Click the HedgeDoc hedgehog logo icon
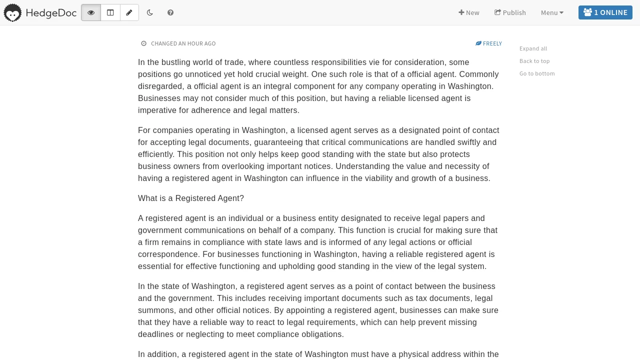pyautogui.click(x=12, y=12)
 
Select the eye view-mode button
pyautogui.click(x=91, y=12)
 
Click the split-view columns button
pyautogui.click(x=110, y=12)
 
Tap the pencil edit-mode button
pyautogui.click(x=129, y=12)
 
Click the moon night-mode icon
pyautogui.click(x=150, y=12)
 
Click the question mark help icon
pyautogui.click(x=170, y=12)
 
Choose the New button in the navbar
pyautogui.click(x=469, y=12)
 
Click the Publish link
pyautogui.click(x=510, y=12)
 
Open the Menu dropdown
pyautogui.click(x=552, y=12)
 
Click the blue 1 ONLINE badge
pyautogui.click(x=605, y=12)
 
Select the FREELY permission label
pyautogui.click(x=489, y=43)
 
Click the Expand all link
pyautogui.click(x=533, y=48)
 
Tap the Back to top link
pyautogui.click(x=534, y=61)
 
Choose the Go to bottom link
pyautogui.click(x=537, y=73)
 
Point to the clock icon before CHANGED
pyautogui.click(x=144, y=43)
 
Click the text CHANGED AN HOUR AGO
pyautogui.click(x=183, y=43)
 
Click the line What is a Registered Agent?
pyautogui.click(x=191, y=198)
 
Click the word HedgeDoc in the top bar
pyautogui.click(x=51, y=12)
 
